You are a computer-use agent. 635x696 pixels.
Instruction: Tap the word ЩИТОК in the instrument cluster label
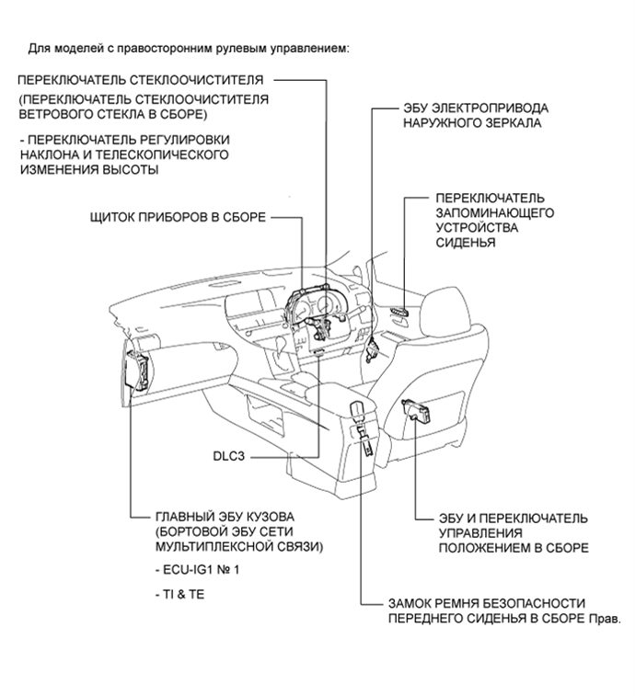coord(107,217)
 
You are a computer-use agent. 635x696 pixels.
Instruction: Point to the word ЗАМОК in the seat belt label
coord(411,604)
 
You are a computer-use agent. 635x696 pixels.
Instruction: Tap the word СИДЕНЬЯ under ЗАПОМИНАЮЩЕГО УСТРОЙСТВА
coord(466,243)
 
